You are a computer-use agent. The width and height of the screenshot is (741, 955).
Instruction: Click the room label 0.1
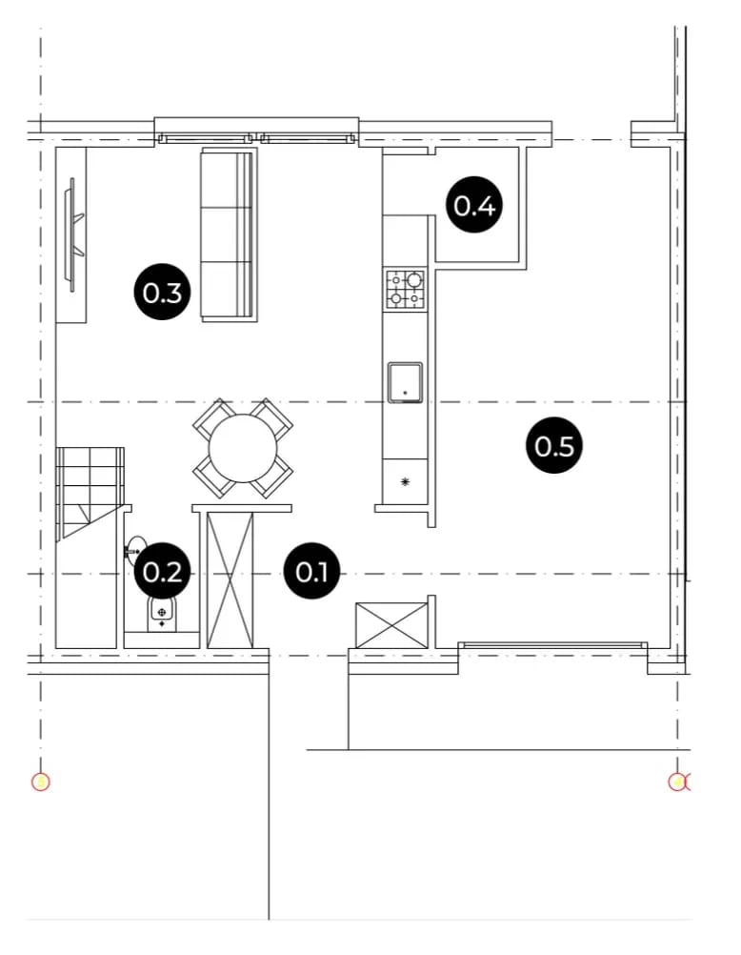(311, 572)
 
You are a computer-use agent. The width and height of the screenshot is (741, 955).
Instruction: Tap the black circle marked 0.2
(162, 572)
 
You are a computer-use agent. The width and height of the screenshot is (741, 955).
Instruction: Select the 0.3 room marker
(162, 293)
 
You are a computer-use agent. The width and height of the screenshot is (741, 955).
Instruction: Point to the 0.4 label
(474, 205)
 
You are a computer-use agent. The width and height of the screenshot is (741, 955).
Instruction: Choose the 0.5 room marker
(554, 446)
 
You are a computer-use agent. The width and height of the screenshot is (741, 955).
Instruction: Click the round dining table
(243, 449)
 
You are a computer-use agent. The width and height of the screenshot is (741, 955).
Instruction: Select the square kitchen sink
(406, 382)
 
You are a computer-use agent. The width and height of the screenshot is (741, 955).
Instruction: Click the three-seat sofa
(229, 234)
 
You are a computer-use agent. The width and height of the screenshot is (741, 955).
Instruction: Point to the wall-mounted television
(73, 234)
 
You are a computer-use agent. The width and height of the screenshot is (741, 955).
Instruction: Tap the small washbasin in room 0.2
(136, 551)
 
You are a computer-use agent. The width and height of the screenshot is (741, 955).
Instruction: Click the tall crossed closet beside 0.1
(230, 580)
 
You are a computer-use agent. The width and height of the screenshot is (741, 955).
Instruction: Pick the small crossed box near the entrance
(391, 625)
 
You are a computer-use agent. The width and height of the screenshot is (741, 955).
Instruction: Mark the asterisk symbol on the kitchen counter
(405, 482)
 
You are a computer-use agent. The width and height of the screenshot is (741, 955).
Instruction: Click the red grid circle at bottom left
(40, 782)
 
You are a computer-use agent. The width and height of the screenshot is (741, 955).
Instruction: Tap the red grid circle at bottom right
(677, 782)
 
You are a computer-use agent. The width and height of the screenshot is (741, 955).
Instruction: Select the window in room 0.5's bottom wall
(552, 645)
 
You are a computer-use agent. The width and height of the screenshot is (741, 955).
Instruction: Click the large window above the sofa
(257, 139)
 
